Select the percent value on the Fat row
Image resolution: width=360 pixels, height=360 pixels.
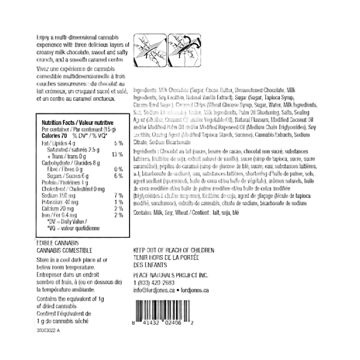[118, 142]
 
